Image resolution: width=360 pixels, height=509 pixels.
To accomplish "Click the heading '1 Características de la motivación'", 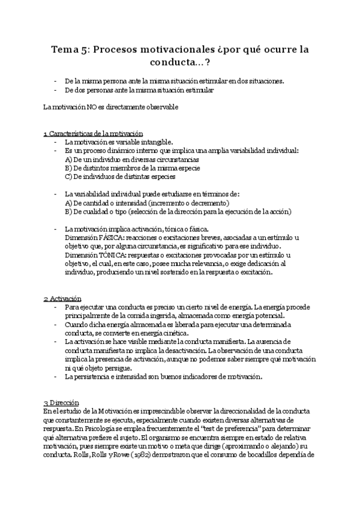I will [93, 133].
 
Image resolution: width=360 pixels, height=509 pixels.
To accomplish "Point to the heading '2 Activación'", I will [62, 299].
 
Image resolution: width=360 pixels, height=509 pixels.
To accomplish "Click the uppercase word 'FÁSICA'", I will [119, 238].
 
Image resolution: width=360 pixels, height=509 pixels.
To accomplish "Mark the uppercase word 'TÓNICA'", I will [119, 255].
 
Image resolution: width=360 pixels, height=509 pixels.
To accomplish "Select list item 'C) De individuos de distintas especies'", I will [119, 176].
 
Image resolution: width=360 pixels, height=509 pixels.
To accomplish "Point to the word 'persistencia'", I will [92, 376].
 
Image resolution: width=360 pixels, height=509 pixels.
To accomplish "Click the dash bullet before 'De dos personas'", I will [55, 89].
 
